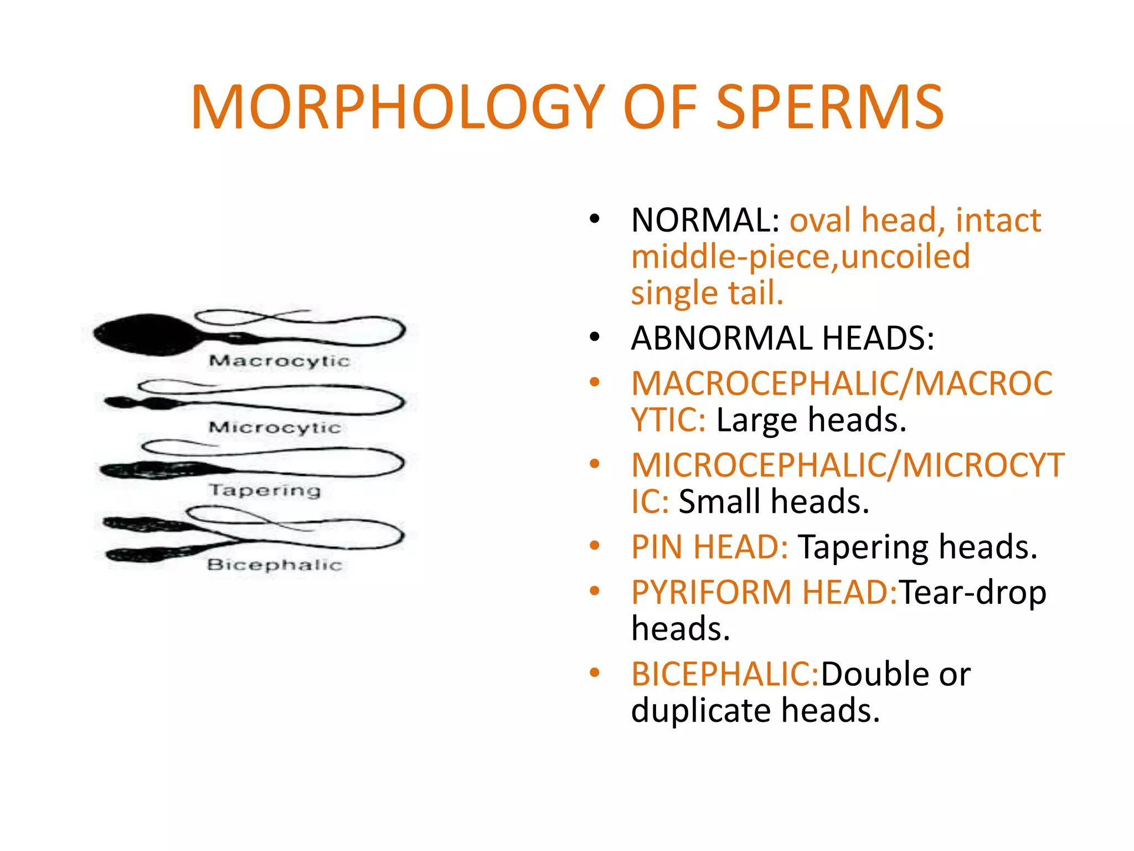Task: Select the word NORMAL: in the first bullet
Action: click(705, 221)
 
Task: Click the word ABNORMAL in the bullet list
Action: click(722, 338)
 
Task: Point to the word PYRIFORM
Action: click(711, 592)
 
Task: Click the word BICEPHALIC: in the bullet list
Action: click(725, 674)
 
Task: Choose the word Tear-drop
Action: click(972, 592)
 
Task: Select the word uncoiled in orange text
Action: click(905, 257)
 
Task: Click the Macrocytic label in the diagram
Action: click(279, 361)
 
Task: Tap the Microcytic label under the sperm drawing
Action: click(275, 427)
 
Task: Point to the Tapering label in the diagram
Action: click(265, 490)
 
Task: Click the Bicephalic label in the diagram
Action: click(275, 565)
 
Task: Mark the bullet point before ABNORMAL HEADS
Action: click(595, 337)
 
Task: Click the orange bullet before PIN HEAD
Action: click(595, 546)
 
